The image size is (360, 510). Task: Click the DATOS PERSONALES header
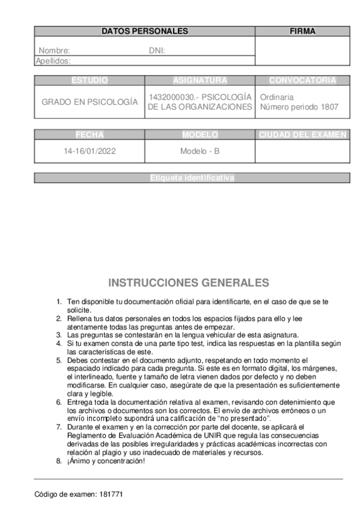[x=144, y=31]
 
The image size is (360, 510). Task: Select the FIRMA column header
[x=302, y=31]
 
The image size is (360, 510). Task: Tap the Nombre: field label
[x=55, y=51]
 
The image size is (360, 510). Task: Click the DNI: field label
[x=157, y=51]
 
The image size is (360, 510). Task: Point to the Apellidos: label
[x=53, y=61]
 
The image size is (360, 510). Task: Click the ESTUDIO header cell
[x=90, y=81]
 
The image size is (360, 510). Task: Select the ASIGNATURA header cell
[x=200, y=81]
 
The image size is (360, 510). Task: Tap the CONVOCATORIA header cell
[x=302, y=81]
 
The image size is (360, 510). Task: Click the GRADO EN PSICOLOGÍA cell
[x=90, y=102]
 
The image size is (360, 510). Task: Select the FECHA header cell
[x=90, y=135]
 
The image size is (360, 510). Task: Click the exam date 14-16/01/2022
[x=90, y=152]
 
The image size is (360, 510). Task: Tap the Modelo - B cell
[x=200, y=152]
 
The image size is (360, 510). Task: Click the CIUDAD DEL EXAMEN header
[x=302, y=135]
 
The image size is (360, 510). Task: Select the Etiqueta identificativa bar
[x=192, y=178]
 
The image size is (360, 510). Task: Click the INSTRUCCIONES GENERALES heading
[x=189, y=283]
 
